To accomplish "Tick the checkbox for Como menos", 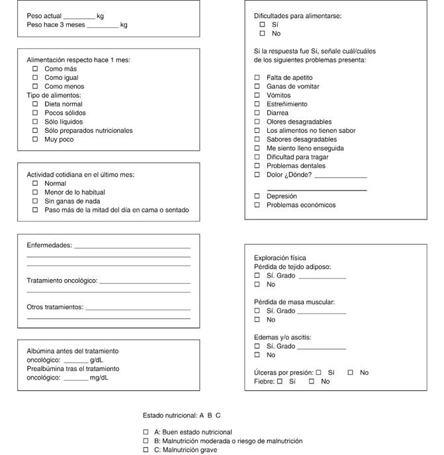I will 36,87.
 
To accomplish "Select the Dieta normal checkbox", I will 36,104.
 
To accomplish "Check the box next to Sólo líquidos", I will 36,122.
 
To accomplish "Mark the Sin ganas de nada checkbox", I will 36,201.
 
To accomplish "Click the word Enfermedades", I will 49,245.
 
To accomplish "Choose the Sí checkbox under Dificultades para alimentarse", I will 262,24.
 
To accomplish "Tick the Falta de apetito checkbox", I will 257,77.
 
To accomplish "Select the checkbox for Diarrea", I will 257,113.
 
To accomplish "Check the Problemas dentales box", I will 257,166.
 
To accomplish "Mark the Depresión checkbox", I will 257,196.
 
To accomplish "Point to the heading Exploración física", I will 280,258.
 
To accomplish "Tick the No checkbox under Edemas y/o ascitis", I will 257,355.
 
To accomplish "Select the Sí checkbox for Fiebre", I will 279,382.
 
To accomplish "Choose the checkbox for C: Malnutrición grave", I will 146,450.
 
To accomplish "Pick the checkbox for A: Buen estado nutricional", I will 146,432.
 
